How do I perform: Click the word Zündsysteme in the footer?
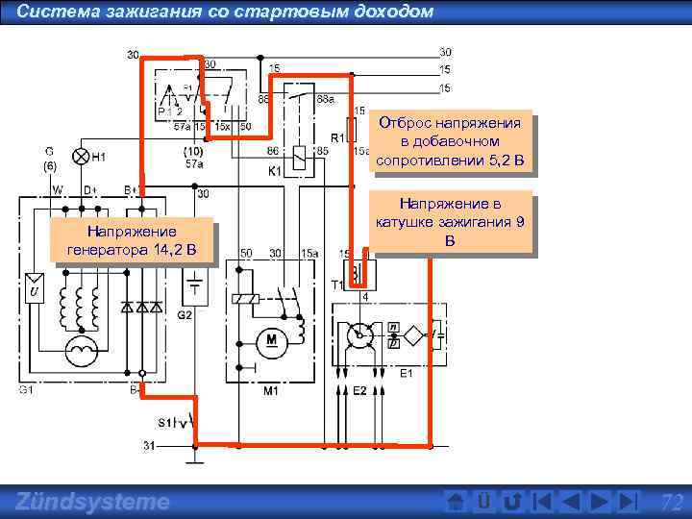click(x=93, y=502)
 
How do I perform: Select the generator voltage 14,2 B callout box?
click(x=131, y=241)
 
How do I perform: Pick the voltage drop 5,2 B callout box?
click(x=450, y=141)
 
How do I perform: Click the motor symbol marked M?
click(x=270, y=338)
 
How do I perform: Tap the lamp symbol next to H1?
click(x=82, y=156)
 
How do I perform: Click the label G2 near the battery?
click(x=185, y=314)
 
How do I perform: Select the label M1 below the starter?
click(x=270, y=391)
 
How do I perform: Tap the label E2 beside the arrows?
click(x=359, y=391)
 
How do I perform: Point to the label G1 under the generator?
click(x=26, y=390)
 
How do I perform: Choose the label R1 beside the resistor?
click(x=338, y=136)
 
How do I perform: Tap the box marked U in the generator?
click(x=34, y=289)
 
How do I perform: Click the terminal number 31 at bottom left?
click(x=149, y=445)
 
